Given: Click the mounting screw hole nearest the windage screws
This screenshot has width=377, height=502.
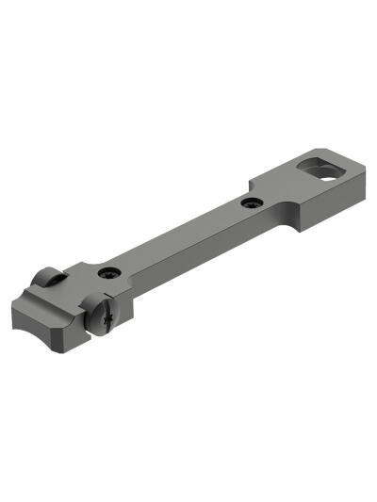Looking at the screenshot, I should tap(109, 273).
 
